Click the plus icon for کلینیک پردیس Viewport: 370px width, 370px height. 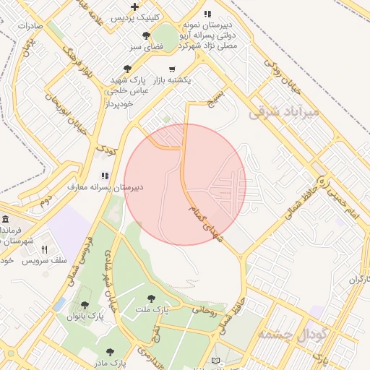[x=135, y=6]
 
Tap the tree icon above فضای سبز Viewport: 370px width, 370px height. [x=147, y=35]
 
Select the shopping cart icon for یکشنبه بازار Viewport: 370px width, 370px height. [x=171, y=69]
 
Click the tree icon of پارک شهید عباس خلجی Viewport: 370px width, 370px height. [x=127, y=69]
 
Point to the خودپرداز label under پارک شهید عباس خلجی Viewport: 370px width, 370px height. [x=119, y=103]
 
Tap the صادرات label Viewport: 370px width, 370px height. [x=30, y=25]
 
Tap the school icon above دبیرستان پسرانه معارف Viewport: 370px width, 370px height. [x=105, y=175]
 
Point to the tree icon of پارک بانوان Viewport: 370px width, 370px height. [x=86, y=306]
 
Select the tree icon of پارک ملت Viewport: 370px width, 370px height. [x=151, y=298]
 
